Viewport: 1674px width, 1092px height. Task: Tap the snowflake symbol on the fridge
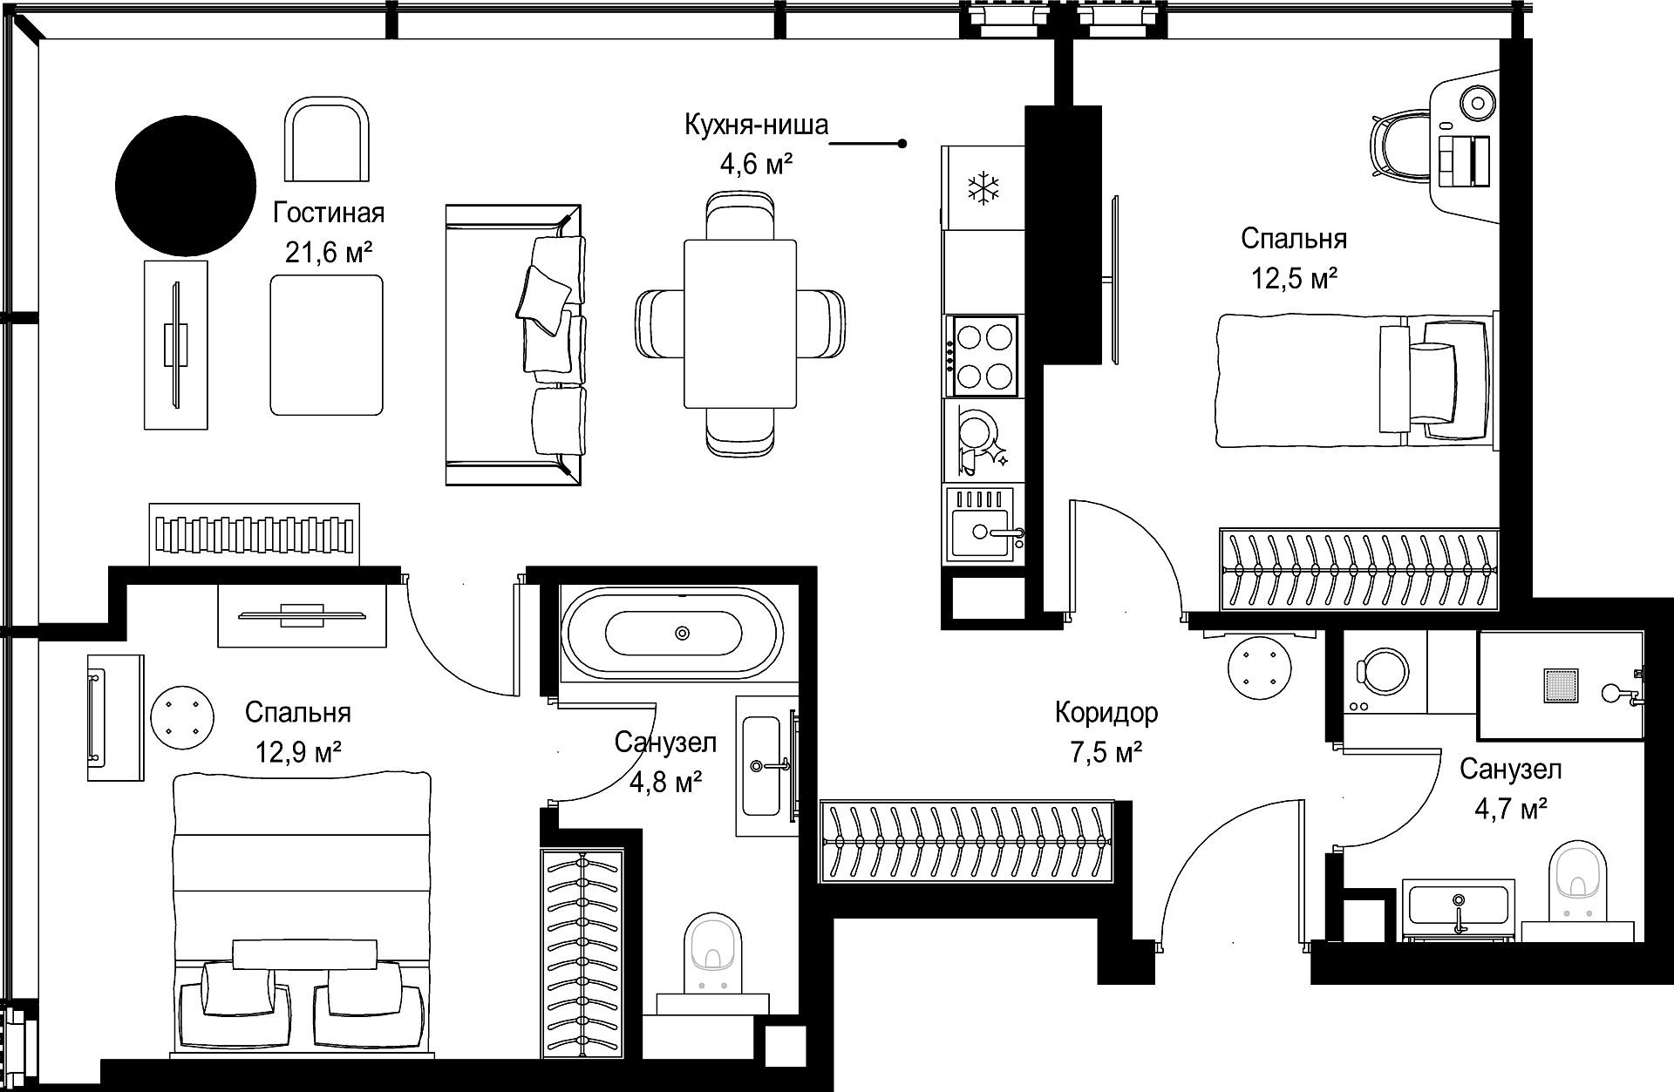click(x=984, y=189)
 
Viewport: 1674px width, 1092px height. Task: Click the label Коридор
click(x=1106, y=713)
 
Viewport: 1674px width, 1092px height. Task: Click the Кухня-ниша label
click(x=756, y=125)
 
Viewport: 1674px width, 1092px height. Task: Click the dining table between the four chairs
click(x=741, y=323)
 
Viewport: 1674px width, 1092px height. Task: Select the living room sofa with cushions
click(x=514, y=344)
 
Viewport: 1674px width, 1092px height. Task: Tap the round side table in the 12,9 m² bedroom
click(x=180, y=718)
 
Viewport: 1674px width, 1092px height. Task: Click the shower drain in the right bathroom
click(x=1561, y=686)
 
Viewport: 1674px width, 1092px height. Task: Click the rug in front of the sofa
click(x=326, y=345)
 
